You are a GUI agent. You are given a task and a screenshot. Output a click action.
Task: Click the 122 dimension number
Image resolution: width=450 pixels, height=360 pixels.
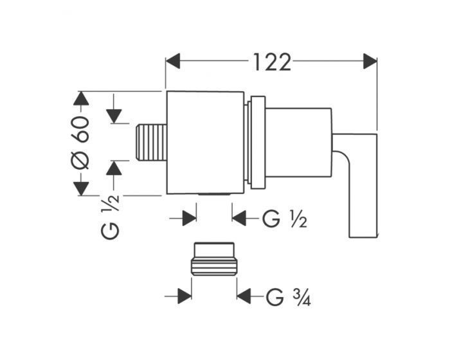tap(271, 62)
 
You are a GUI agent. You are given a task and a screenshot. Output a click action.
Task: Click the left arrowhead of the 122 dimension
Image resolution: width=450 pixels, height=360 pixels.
tap(173, 61)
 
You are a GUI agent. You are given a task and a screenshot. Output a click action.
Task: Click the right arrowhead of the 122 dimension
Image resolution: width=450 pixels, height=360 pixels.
tap(370, 61)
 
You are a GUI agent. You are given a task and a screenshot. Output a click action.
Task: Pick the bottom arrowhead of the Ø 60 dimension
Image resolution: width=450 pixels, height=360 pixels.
tap(80, 188)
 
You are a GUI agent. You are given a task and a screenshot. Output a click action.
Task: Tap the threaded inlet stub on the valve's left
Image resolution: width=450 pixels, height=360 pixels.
tap(151, 143)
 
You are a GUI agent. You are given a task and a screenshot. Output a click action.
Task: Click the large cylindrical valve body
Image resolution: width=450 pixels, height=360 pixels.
tap(205, 143)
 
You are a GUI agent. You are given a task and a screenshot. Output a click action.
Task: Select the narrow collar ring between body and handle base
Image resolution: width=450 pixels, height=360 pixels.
tap(258, 143)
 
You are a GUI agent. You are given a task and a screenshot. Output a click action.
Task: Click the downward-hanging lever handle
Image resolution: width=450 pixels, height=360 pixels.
tap(358, 185)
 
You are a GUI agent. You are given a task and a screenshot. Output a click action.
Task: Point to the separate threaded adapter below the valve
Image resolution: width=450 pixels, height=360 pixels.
tap(214, 259)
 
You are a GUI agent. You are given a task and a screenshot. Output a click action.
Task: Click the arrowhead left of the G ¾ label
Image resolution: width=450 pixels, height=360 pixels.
tap(244, 296)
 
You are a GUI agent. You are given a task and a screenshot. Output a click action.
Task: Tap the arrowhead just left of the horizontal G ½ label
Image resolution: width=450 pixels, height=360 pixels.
tap(239, 218)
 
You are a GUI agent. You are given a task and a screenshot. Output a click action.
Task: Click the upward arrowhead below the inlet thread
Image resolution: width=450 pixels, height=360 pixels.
tap(114, 168)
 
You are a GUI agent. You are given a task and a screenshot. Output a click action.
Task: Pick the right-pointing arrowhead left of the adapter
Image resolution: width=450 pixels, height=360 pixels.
tap(184, 296)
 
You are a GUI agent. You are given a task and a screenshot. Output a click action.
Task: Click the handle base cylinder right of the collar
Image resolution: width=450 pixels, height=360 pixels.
tap(298, 143)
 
